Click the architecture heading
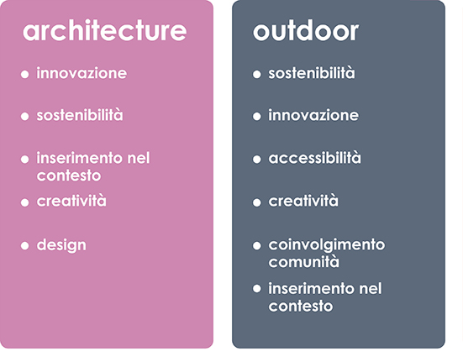click(104, 31)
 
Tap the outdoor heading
click(306, 31)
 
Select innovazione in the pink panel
click(82, 73)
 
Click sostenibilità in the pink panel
click(80, 115)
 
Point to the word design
click(61, 245)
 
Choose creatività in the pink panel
click(71, 201)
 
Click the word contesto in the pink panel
click(69, 176)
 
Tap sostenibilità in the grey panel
click(312, 73)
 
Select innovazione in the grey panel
click(313, 115)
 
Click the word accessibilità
click(314, 158)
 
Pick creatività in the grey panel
click(303, 201)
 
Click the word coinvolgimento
click(327, 245)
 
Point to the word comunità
click(303, 262)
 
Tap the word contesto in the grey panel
click(301, 307)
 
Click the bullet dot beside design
click(25, 246)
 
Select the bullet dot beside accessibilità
click(257, 160)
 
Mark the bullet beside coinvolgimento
click(257, 246)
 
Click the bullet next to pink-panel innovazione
click(25, 74)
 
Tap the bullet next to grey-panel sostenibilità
click(257, 74)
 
